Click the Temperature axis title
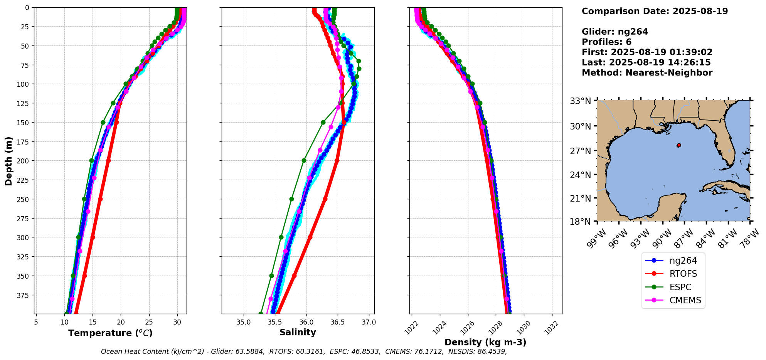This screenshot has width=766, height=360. (110, 333)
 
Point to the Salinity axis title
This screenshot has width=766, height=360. (298, 333)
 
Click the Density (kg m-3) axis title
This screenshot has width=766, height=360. (485, 342)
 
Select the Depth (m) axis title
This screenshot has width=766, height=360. (8, 161)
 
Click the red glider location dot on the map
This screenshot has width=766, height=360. (678, 145)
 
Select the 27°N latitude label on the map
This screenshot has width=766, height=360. (581, 151)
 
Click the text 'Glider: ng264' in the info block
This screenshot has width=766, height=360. (615, 32)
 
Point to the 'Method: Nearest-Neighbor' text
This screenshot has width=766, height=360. (647, 73)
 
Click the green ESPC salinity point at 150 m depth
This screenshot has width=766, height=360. (323, 123)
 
